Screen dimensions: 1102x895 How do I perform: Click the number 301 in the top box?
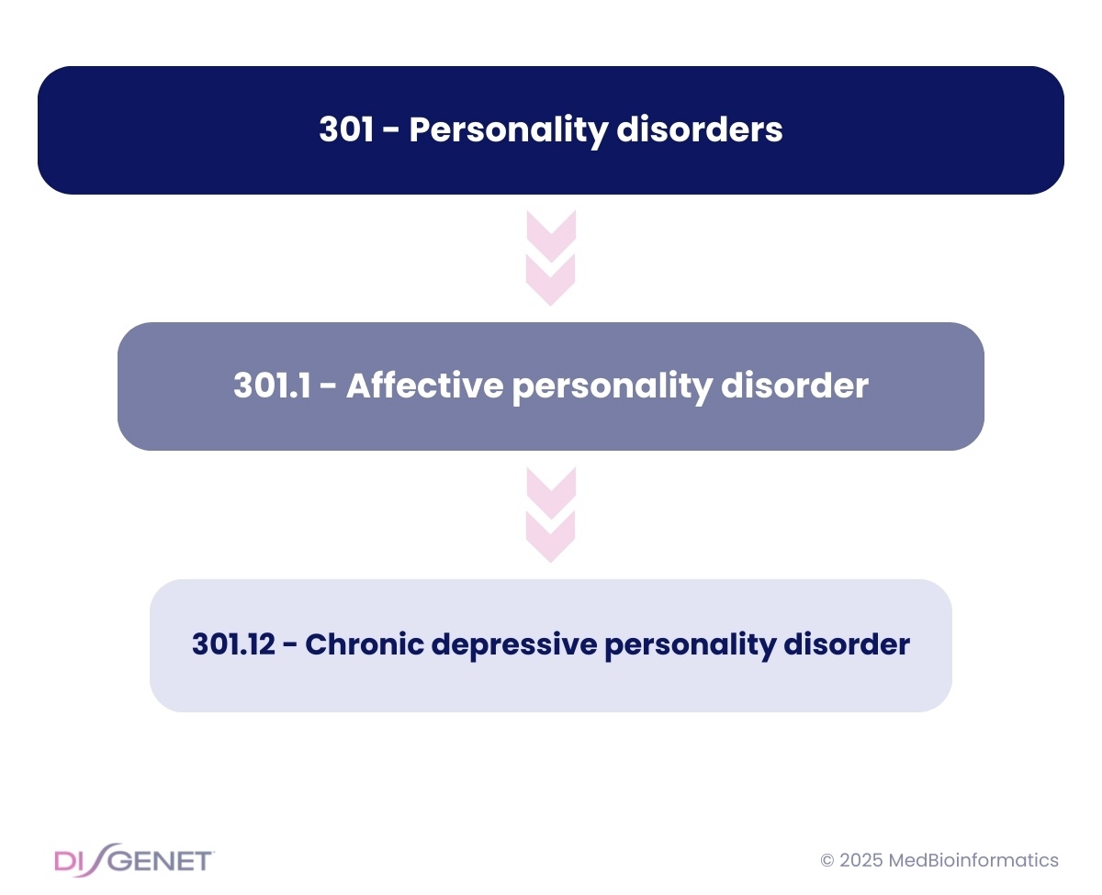click(x=345, y=129)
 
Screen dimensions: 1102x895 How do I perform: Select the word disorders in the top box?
click(x=700, y=129)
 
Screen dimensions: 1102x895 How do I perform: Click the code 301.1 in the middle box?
click(x=272, y=386)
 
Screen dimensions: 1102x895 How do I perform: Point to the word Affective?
click(x=424, y=385)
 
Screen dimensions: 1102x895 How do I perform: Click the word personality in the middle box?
click(x=612, y=387)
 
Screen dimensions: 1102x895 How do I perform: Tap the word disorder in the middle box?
click(x=794, y=385)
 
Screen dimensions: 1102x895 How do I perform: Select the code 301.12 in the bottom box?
click(x=233, y=643)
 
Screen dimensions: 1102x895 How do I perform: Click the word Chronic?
click(x=365, y=643)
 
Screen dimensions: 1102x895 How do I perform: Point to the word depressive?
click(x=514, y=646)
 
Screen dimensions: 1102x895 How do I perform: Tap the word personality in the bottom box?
click(x=691, y=646)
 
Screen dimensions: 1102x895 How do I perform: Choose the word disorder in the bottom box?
click(x=847, y=643)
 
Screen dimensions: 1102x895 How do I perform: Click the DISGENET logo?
click(x=134, y=860)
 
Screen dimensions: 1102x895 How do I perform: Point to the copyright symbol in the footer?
click(x=826, y=860)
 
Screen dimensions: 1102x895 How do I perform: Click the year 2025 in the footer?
click(x=860, y=860)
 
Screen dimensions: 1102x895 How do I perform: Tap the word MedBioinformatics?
click(x=973, y=860)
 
